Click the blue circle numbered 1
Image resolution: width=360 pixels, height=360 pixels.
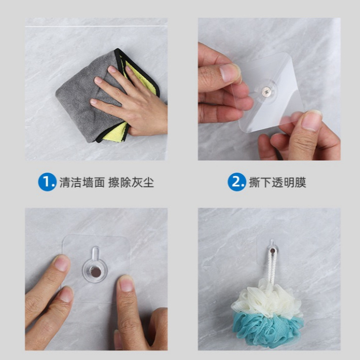tap(47, 182)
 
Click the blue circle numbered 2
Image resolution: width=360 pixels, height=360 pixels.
tap(237, 182)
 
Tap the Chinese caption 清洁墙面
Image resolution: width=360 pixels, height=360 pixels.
tap(82, 182)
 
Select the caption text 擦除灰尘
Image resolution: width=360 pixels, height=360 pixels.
tap(131, 182)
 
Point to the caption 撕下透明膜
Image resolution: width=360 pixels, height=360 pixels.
tap(277, 182)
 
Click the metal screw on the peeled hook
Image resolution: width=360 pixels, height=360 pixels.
tap(267, 91)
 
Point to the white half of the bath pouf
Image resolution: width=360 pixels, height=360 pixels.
tap(266, 298)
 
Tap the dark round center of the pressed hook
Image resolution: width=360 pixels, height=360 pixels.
tap(95, 271)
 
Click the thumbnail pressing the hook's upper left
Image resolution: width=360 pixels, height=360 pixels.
tap(61, 263)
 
